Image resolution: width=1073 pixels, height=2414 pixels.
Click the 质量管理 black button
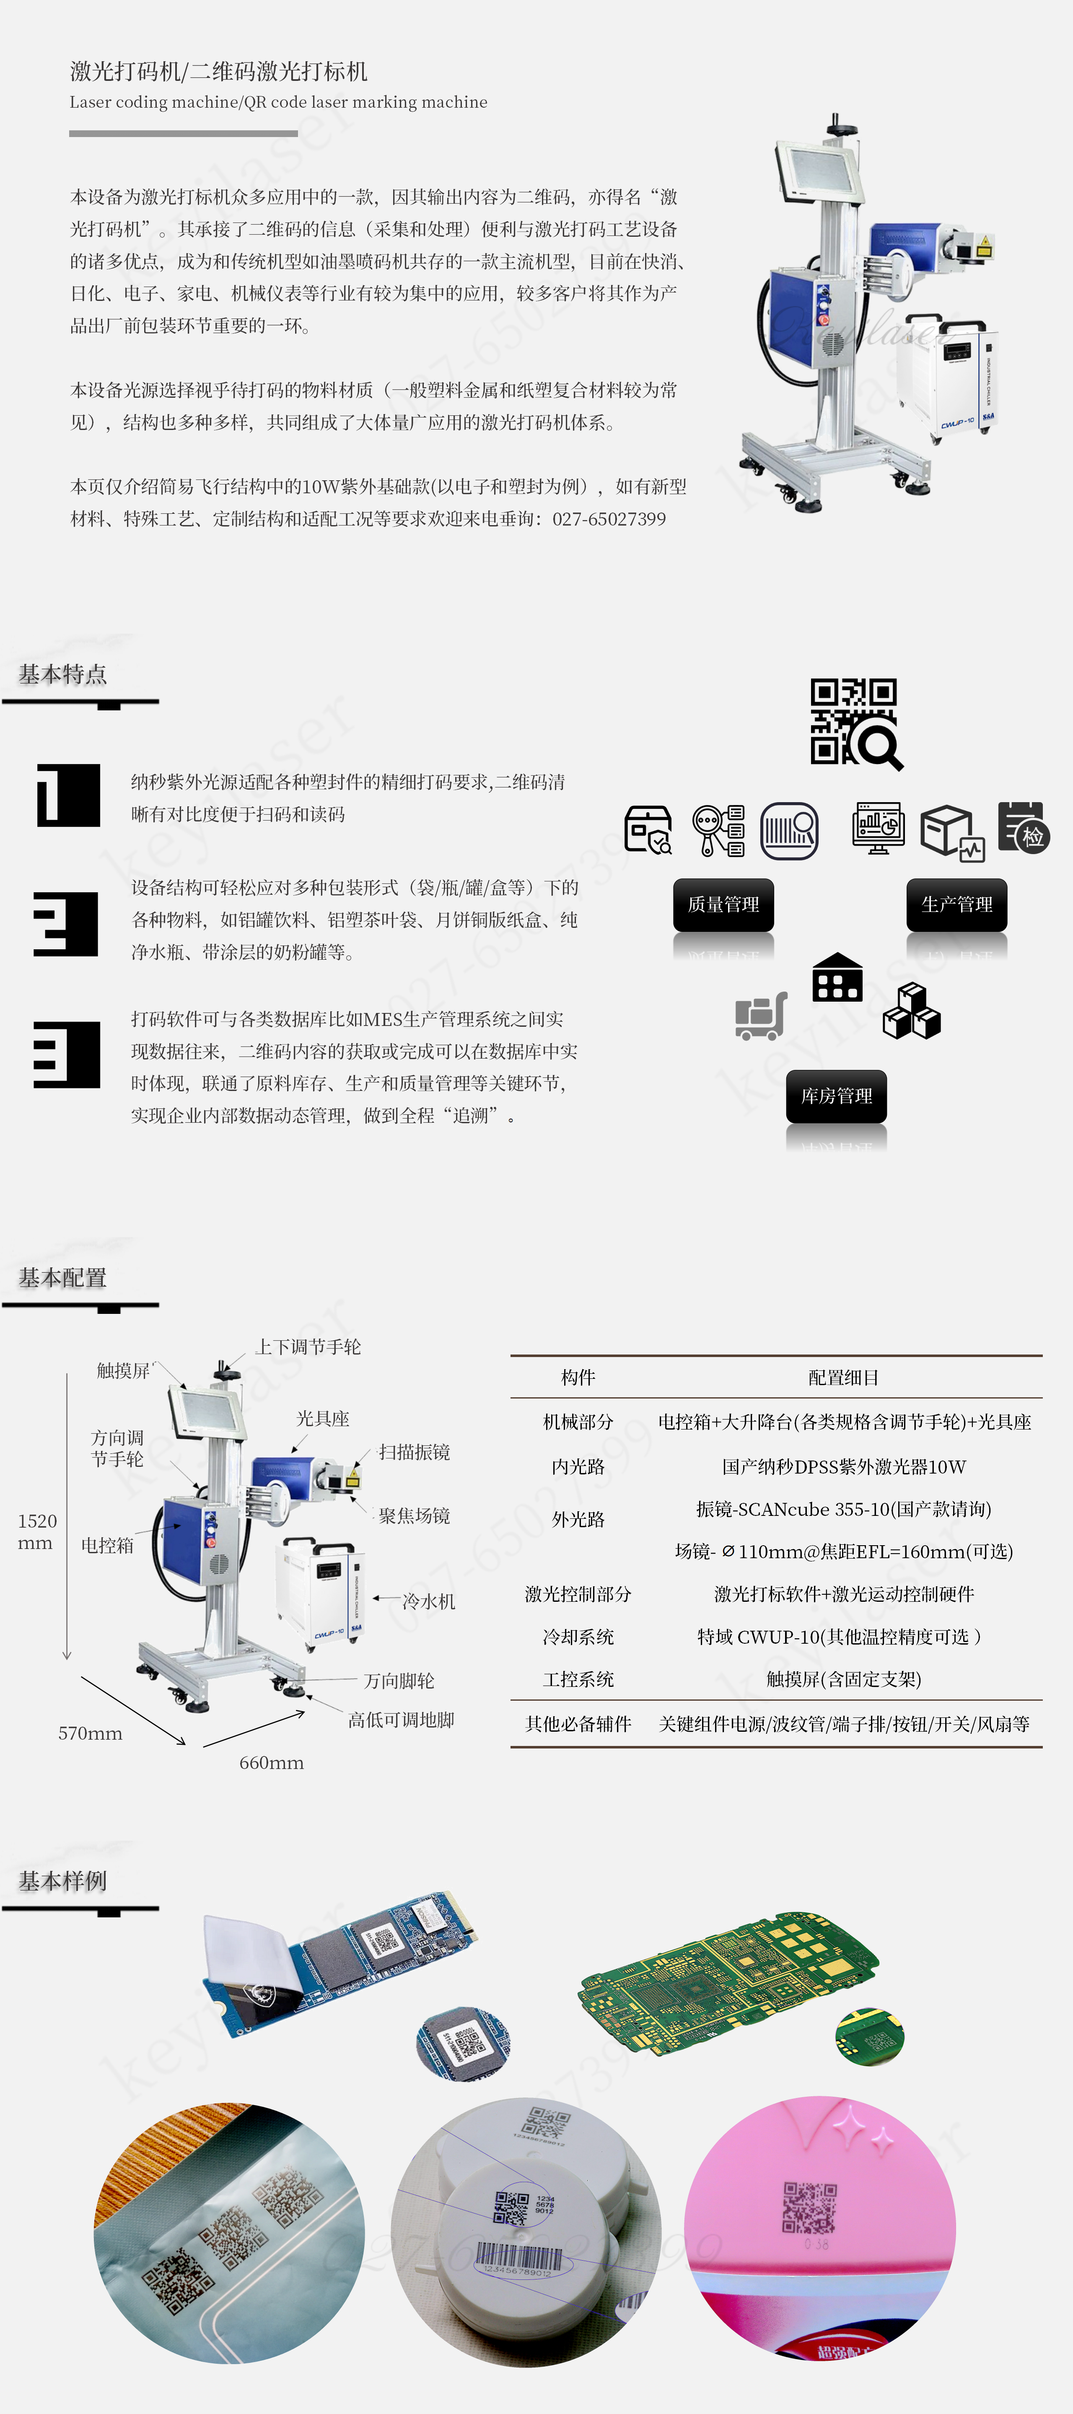click(x=723, y=904)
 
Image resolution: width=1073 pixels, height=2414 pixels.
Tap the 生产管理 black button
click(x=957, y=904)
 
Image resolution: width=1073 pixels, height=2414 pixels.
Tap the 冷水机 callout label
click(x=428, y=1601)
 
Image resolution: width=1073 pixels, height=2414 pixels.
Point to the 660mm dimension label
click(x=272, y=1763)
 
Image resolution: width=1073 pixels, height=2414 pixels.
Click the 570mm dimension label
click(x=90, y=1734)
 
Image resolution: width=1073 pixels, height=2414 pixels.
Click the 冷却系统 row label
click(x=578, y=1637)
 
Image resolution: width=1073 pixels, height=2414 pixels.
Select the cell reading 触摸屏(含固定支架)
click(x=843, y=1679)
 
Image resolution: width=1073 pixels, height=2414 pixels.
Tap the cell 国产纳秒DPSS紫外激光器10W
click(x=843, y=1466)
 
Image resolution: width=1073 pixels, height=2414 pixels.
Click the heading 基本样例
click(x=63, y=1881)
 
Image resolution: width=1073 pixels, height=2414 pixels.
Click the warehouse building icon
click(x=837, y=977)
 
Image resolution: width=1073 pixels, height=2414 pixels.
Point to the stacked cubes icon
click(x=912, y=1011)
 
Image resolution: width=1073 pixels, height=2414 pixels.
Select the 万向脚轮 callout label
click(x=399, y=1681)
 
